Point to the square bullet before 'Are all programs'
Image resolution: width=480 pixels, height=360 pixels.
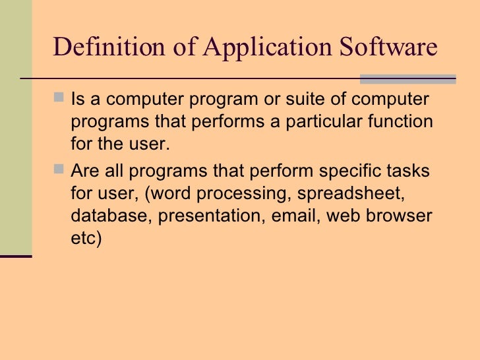(x=60, y=170)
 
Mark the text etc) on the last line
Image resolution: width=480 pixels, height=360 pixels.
(x=86, y=239)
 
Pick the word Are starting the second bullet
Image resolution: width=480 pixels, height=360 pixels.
(x=83, y=171)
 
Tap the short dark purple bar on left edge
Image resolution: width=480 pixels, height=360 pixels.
(x=16, y=256)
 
